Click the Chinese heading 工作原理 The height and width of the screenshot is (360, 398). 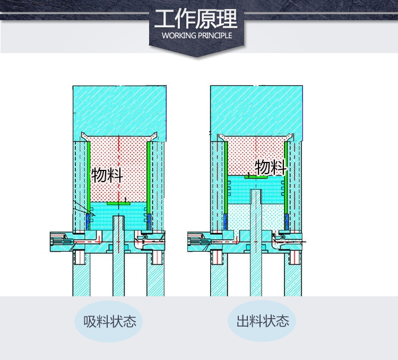[x=196, y=19]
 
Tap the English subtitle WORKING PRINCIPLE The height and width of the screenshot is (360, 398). [x=197, y=36]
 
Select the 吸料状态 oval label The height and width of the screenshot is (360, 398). [x=109, y=321]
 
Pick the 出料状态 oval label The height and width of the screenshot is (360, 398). [x=262, y=321]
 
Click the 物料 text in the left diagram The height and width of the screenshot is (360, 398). [x=107, y=175]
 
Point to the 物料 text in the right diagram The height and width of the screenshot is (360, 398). [x=271, y=167]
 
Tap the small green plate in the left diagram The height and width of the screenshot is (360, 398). [x=118, y=203]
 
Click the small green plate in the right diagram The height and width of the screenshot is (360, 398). [x=256, y=177]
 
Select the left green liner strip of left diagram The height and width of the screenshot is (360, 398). [x=89, y=178]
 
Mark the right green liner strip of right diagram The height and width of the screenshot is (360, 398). [x=286, y=178]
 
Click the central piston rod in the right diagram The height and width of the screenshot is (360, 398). [x=256, y=243]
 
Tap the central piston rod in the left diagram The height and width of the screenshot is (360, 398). [x=118, y=256]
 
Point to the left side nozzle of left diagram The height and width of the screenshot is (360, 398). [x=62, y=242]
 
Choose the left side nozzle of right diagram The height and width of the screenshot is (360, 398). [x=199, y=242]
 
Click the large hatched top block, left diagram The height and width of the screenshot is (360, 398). [x=119, y=113]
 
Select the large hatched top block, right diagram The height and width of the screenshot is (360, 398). [x=256, y=113]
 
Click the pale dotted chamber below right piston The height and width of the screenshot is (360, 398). [x=256, y=217]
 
